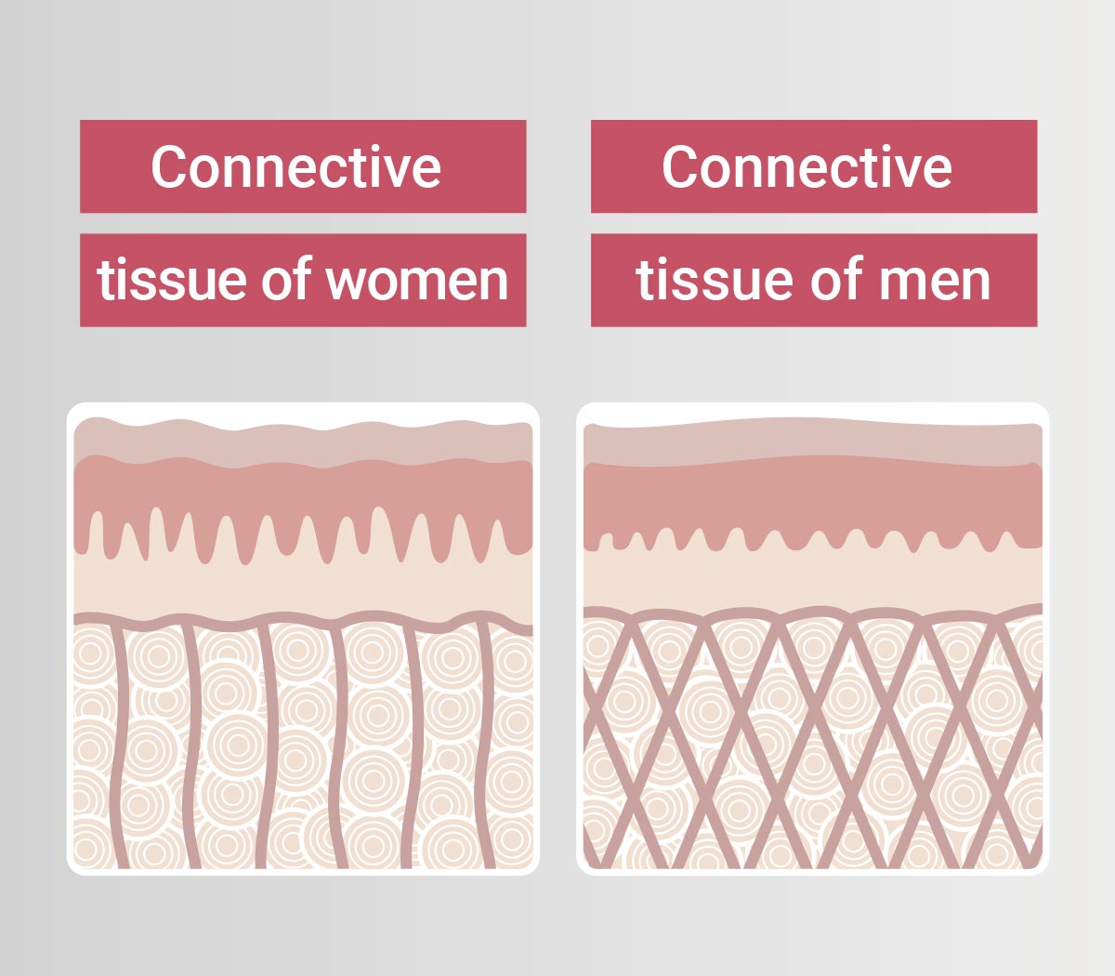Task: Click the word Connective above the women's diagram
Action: tap(295, 167)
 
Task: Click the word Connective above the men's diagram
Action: tap(807, 167)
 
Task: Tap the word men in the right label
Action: tap(938, 281)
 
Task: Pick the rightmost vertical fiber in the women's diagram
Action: tap(487, 744)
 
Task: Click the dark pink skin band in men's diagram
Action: tap(813, 502)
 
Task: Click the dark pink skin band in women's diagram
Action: tap(302, 488)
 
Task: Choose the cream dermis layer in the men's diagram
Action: tap(813, 581)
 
